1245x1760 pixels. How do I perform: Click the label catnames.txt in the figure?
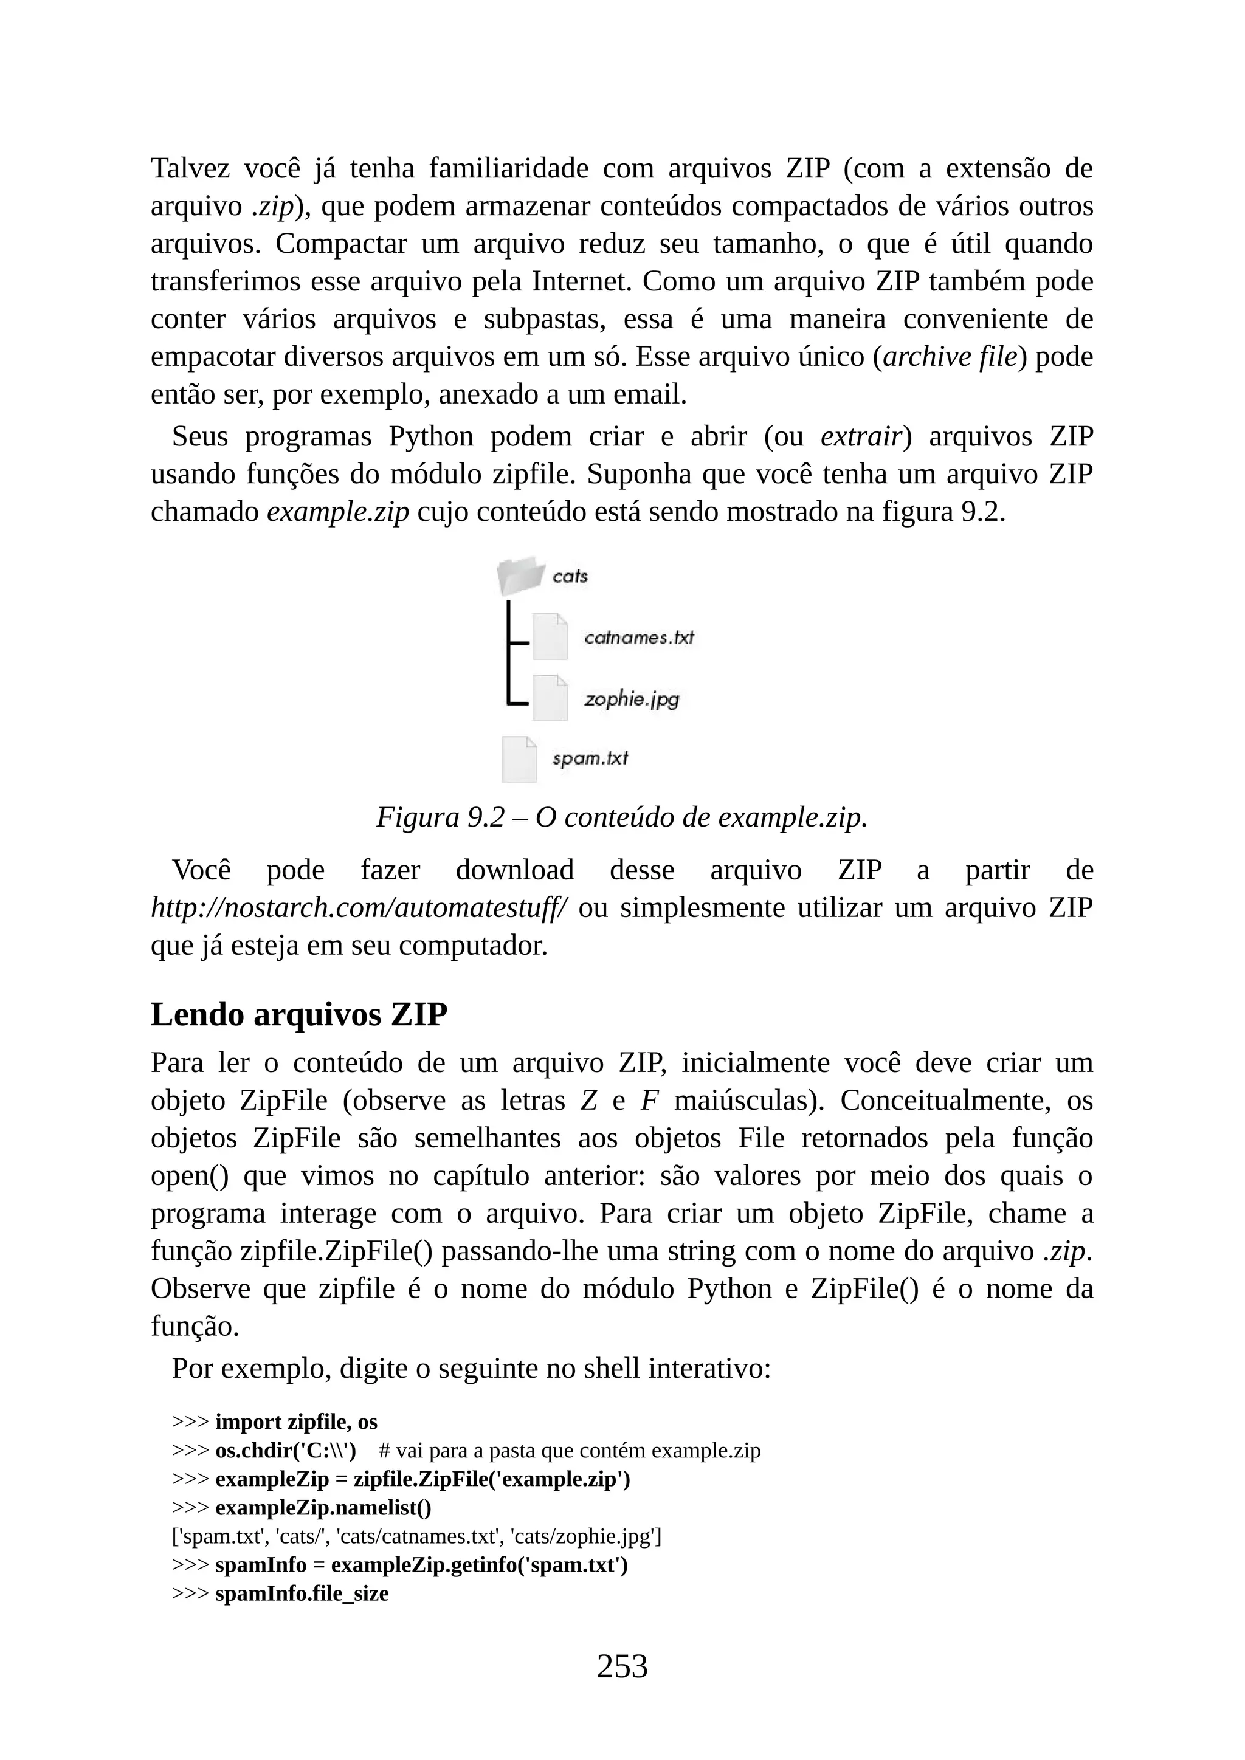click(638, 638)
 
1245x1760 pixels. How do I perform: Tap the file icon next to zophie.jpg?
click(550, 698)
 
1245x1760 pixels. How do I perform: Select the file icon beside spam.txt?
click(519, 759)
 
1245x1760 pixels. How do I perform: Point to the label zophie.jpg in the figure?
click(631, 699)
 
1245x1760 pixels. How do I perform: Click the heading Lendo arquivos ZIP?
click(299, 1014)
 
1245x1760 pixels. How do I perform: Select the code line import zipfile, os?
click(296, 1422)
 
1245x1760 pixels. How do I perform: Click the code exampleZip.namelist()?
click(323, 1508)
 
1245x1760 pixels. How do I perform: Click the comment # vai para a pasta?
click(569, 1451)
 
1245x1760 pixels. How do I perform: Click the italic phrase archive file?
click(950, 357)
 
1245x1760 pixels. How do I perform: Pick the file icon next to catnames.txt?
click(550, 637)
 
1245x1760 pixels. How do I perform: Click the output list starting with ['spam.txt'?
click(416, 1537)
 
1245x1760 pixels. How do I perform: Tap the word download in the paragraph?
click(514, 871)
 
